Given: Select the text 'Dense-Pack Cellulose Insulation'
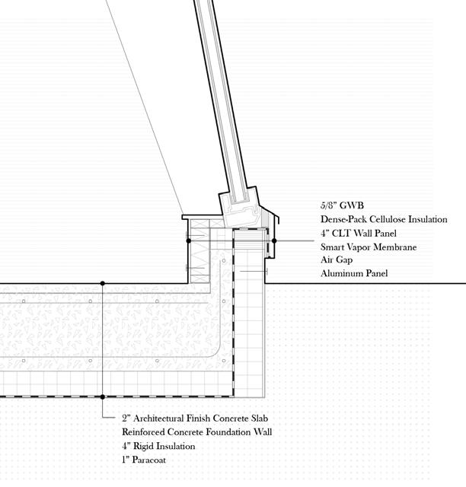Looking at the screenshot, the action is coord(384,219).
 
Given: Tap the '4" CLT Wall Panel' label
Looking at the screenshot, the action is coord(359,233).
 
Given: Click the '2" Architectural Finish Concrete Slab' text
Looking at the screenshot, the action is coord(196,419).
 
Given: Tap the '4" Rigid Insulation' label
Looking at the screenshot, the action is coord(158,446).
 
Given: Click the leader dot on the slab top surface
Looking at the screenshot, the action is coord(104,284).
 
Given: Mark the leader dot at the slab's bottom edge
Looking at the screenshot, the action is coord(104,396).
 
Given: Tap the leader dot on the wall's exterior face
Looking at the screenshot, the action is coord(275,240).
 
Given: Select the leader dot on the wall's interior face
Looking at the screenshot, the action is coord(189,240).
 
